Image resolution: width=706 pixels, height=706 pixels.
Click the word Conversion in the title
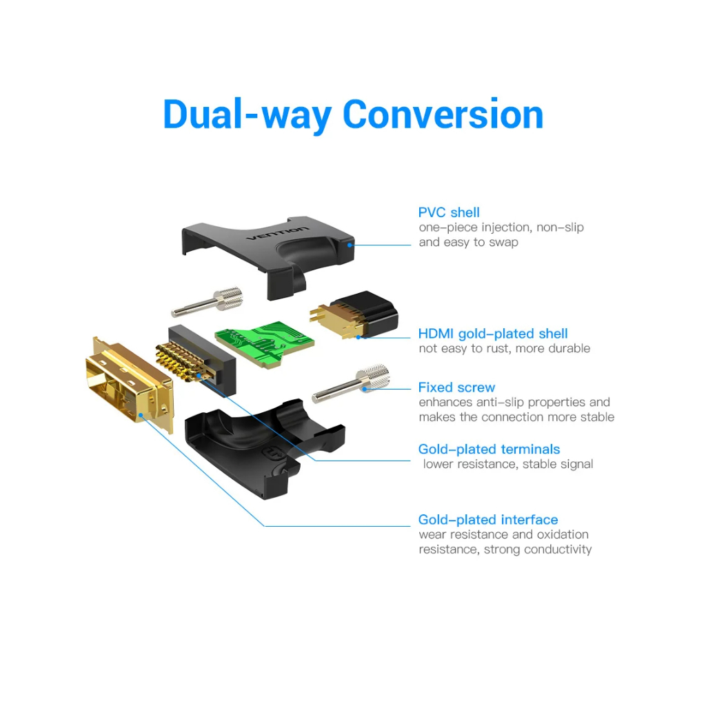tap(443, 114)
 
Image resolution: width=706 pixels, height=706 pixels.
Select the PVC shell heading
tap(449, 212)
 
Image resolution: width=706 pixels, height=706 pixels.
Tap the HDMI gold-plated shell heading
tap(493, 334)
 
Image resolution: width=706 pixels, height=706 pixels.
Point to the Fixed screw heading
tap(456, 387)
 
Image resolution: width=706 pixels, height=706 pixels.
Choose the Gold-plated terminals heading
tap(489, 450)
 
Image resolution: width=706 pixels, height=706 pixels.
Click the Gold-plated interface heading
tap(488, 520)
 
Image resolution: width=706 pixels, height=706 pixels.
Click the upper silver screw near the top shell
tap(207, 302)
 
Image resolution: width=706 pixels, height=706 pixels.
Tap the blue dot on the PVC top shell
tap(351, 243)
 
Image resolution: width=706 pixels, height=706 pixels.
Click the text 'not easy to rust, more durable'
tap(504, 349)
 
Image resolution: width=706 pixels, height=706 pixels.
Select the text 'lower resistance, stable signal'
tap(508, 464)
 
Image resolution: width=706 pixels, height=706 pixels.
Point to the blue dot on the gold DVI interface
tap(141, 414)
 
